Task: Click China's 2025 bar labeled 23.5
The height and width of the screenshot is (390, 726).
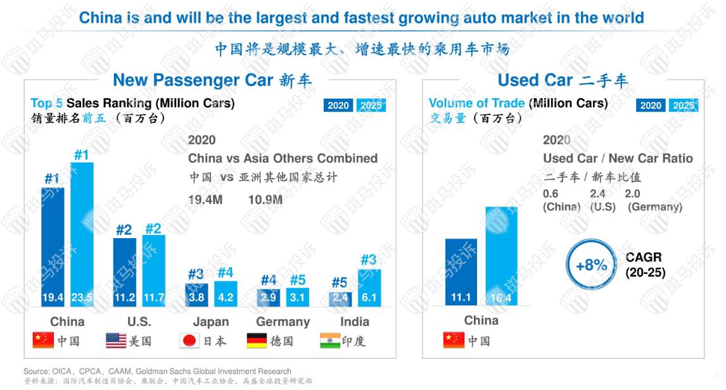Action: pyautogui.click(x=82, y=234)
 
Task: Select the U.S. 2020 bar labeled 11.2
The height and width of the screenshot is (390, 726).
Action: pyautogui.click(x=124, y=272)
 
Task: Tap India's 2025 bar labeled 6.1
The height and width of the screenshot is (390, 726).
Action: pyautogui.click(x=369, y=288)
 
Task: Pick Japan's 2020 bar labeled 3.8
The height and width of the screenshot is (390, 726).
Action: pyautogui.click(x=196, y=295)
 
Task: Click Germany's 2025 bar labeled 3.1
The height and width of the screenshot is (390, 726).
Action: pyautogui.click(x=298, y=298)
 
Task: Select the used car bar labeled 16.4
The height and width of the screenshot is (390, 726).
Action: pyautogui.click(x=501, y=256)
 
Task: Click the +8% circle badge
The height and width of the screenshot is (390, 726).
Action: pyautogui.click(x=591, y=265)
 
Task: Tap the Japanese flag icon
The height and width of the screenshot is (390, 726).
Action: pyautogui.click(x=189, y=341)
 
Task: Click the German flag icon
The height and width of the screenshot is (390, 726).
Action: pyautogui.click(x=257, y=341)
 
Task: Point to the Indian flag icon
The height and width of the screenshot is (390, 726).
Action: pyautogui.click(x=329, y=341)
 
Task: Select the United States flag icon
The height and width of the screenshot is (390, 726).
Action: pyautogui.click(x=116, y=341)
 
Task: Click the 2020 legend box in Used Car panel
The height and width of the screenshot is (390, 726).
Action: pyautogui.click(x=651, y=105)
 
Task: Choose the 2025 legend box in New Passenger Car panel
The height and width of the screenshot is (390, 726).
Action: pyautogui.click(x=371, y=105)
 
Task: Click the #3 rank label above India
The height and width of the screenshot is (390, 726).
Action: pyautogui.click(x=369, y=260)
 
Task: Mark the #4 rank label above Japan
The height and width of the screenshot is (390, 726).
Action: pyautogui.click(x=226, y=273)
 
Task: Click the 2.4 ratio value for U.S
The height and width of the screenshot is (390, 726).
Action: pyautogui.click(x=597, y=194)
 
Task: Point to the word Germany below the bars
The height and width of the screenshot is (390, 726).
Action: pyautogui.click(x=283, y=322)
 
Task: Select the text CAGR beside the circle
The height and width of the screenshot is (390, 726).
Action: pyautogui.click(x=643, y=257)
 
